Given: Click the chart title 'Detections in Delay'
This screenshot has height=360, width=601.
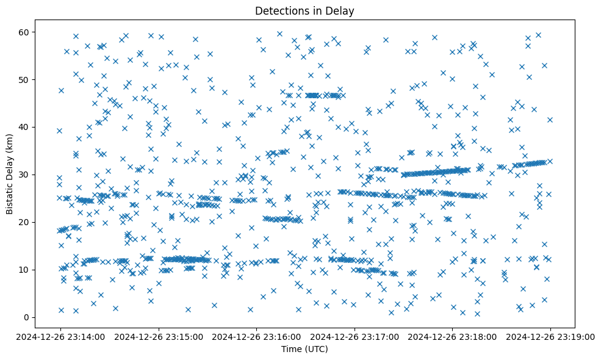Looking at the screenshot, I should pyautogui.click(x=304, y=10).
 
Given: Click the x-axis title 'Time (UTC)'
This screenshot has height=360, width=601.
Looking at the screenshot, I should pyautogui.click(x=304, y=349).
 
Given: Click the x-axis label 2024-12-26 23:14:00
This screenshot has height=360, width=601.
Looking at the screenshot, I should pyautogui.click(x=60, y=336).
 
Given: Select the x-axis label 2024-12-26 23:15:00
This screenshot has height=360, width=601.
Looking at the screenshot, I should pyautogui.click(x=159, y=336).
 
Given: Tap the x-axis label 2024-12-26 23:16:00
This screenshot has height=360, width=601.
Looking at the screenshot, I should pyautogui.click(x=256, y=336).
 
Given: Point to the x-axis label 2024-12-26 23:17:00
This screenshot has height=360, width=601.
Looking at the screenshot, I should pyautogui.click(x=354, y=336).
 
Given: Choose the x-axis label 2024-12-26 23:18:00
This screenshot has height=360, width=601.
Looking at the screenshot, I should pyautogui.click(x=452, y=336).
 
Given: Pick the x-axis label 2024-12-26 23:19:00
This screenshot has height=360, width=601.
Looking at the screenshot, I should pyautogui.click(x=550, y=336).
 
